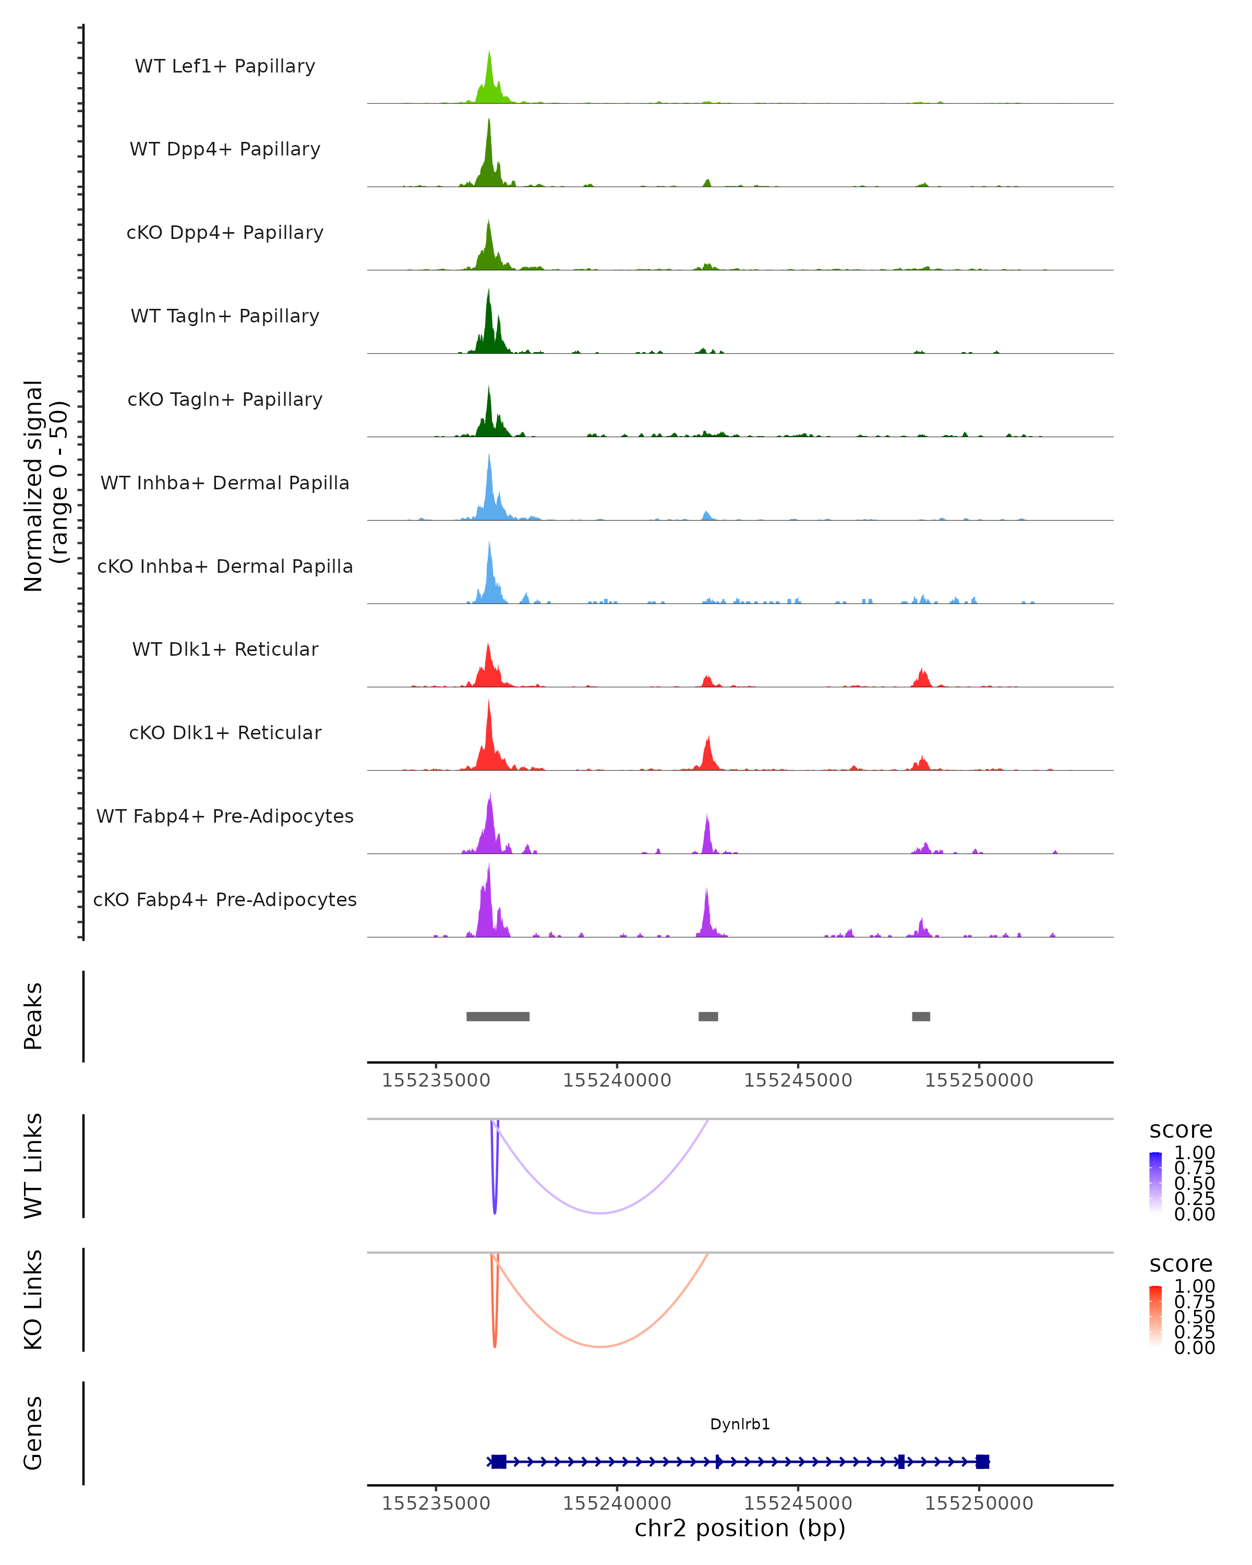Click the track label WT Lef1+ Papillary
point(225,66)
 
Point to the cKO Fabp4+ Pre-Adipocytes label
point(225,899)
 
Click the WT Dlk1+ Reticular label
point(225,649)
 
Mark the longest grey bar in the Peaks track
point(498,1016)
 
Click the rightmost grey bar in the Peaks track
point(921,1016)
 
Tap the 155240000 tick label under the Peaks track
point(617,1080)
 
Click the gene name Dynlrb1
point(740,1424)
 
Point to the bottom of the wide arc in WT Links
point(600,1213)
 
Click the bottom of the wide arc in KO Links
point(600,1346)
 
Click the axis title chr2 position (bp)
point(740,1528)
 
